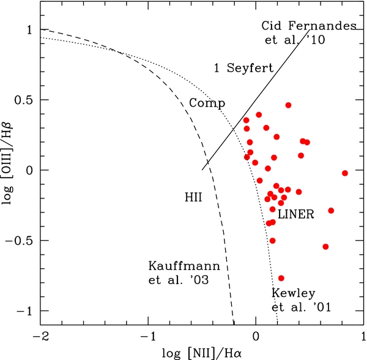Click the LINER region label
[x=296, y=215]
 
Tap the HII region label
[x=193, y=198]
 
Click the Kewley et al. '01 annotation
[x=301, y=301]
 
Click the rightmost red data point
[x=345, y=173]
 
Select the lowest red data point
[x=281, y=278]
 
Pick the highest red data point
[x=288, y=105]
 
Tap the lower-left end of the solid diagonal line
[x=202, y=170]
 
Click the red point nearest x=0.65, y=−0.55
[x=325, y=247]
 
